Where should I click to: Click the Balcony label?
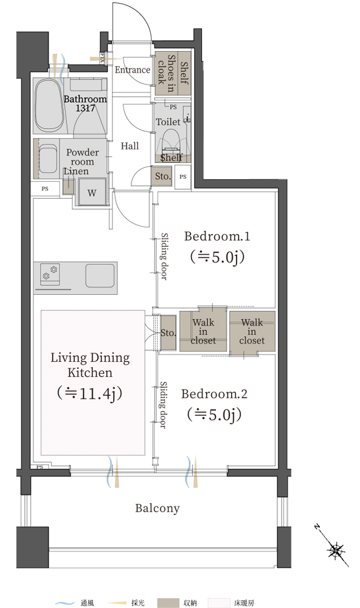point(157,508)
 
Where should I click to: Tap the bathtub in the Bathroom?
point(49,105)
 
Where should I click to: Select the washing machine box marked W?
point(92,192)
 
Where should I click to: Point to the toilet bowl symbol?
point(170,140)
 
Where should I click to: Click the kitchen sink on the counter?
point(100,275)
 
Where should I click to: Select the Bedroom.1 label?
point(217,236)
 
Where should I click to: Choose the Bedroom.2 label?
point(214,393)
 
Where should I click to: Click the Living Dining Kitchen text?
point(90,365)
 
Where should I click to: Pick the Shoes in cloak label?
point(166,74)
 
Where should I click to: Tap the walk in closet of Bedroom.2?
point(252,332)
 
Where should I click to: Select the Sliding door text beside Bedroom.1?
point(164,257)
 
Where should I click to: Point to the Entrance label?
point(133,70)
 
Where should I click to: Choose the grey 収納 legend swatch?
point(168,603)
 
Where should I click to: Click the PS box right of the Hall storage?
point(182,177)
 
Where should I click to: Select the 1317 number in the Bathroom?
point(85,108)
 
